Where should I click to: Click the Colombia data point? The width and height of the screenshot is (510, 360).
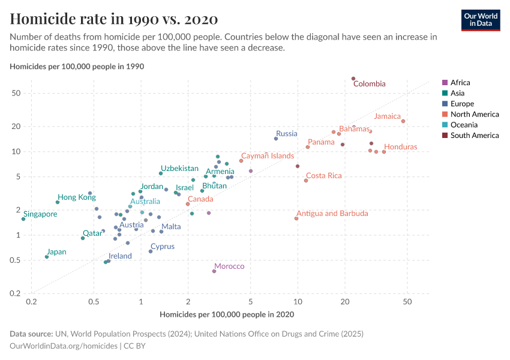[x=353, y=79]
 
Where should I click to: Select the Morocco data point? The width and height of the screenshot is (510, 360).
[x=214, y=271]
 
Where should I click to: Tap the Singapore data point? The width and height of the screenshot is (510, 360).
[x=23, y=219]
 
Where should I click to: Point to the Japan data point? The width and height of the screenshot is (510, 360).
[x=47, y=257]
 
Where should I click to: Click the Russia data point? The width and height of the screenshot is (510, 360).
[x=276, y=139]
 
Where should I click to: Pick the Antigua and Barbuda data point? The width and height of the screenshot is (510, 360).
[x=296, y=218]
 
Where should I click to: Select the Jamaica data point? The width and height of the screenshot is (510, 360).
[x=403, y=121]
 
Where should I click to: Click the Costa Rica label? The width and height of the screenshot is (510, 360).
[x=323, y=176]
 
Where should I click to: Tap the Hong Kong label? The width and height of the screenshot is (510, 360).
[x=76, y=197]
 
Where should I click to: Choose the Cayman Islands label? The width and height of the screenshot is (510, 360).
[x=268, y=156]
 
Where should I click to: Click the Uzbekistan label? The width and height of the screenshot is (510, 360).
[x=179, y=169]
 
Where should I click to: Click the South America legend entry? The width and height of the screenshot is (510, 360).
[x=475, y=136]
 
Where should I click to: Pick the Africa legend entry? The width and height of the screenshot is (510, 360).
[x=460, y=83]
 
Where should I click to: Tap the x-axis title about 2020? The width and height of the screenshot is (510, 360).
[x=227, y=314]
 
